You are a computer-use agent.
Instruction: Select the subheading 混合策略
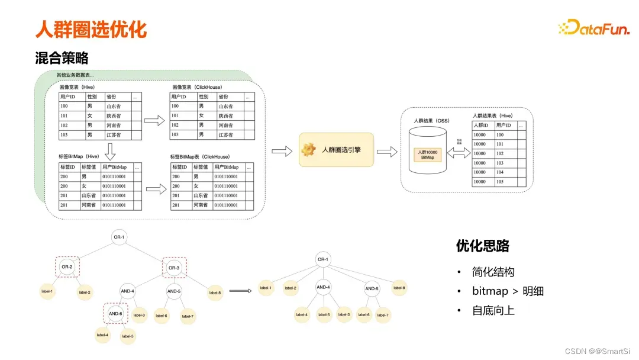point(62,58)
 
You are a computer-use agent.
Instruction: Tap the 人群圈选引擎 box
point(337,150)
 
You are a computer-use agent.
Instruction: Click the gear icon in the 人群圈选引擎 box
point(309,150)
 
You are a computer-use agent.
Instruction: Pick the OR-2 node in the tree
point(67,267)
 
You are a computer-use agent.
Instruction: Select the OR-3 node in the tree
point(173,268)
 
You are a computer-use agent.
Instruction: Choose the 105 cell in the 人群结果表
point(501,182)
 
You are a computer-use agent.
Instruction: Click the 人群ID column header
point(482,126)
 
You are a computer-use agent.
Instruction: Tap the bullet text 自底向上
point(493,310)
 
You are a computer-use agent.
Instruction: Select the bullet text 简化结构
point(493,272)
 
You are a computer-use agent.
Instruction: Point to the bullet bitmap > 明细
point(508,291)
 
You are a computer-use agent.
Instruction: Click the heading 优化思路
point(483,246)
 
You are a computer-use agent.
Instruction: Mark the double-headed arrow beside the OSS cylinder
point(458,153)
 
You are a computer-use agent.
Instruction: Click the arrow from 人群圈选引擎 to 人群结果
point(386,152)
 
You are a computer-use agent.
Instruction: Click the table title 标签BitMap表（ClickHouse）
point(199,157)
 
